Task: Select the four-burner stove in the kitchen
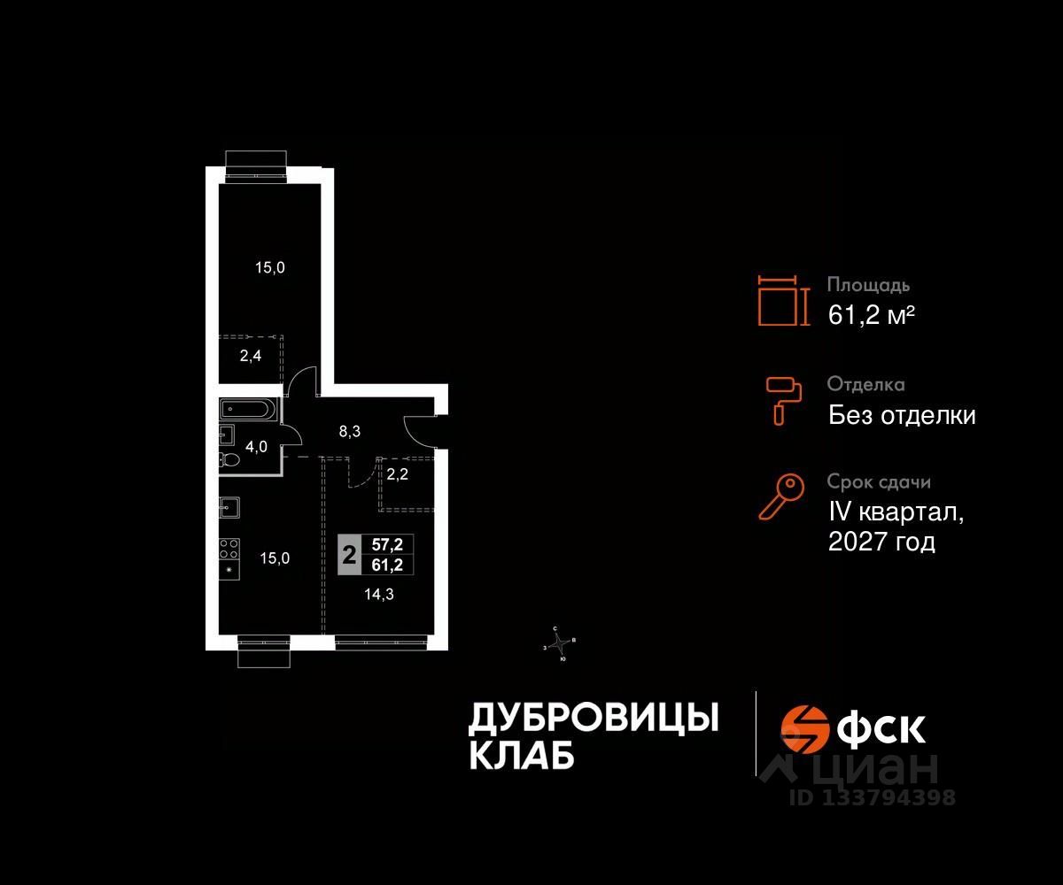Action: pos(229,549)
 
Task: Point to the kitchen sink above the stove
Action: pos(229,508)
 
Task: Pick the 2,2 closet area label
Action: pos(396,473)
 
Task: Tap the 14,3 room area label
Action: pos(380,595)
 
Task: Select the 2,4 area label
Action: pos(250,358)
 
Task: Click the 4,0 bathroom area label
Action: pos(257,447)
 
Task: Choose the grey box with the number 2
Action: pos(350,556)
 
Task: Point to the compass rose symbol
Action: pos(560,643)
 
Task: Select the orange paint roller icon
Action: pos(783,398)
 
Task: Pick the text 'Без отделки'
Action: pos(902,415)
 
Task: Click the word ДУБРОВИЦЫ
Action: pos(593,719)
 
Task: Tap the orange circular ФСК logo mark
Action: pos(803,727)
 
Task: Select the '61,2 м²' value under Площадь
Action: pos(871,315)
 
